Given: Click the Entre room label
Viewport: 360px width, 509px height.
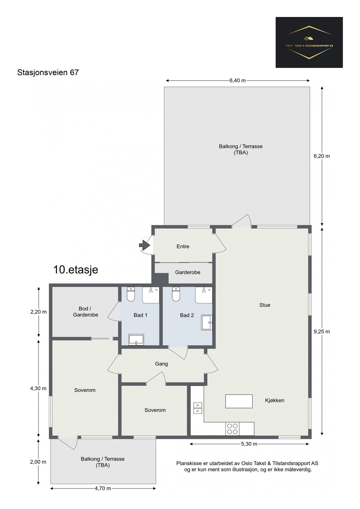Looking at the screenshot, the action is pyautogui.click(x=183, y=246).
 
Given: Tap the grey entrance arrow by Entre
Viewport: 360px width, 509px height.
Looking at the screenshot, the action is pyautogui.click(x=145, y=245).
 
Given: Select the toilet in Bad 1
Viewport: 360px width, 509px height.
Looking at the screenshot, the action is pyautogui.click(x=131, y=294).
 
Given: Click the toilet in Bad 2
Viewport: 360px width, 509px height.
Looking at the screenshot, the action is pyautogui.click(x=176, y=294).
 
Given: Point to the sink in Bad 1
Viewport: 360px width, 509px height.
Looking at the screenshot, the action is pyautogui.click(x=136, y=340).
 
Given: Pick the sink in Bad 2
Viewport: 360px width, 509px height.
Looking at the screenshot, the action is pyautogui.click(x=207, y=323).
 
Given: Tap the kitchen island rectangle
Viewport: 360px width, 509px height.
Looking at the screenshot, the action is pyautogui.click(x=239, y=401).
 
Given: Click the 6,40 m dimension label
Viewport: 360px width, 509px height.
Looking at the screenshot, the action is pyautogui.click(x=238, y=81).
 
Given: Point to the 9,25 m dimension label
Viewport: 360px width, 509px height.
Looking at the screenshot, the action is pyautogui.click(x=322, y=331).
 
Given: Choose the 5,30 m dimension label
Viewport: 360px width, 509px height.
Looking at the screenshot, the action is pyautogui.click(x=249, y=444).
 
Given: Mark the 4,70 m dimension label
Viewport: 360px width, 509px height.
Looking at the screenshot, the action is pyautogui.click(x=103, y=488).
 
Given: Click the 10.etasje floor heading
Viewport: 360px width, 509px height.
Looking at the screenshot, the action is pyautogui.click(x=76, y=270).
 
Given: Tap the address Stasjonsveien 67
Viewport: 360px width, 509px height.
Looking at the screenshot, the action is pyautogui.click(x=48, y=72).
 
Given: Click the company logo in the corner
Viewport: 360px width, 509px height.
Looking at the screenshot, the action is pyautogui.click(x=309, y=42).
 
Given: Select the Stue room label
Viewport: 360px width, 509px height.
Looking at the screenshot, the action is pyautogui.click(x=265, y=305).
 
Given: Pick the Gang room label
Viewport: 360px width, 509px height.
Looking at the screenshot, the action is pyautogui.click(x=161, y=364).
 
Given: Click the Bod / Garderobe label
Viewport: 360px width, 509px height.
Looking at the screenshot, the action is pyautogui.click(x=85, y=312).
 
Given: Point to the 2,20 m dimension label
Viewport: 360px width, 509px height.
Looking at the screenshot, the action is pyautogui.click(x=38, y=312).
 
